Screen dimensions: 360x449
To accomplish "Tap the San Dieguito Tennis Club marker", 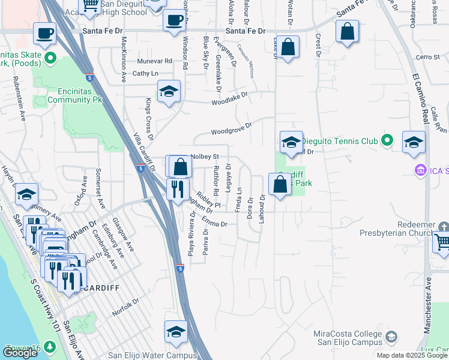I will [x=387, y=141].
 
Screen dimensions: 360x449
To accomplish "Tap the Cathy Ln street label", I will [x=145, y=74].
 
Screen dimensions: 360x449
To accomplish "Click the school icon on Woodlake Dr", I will [x=169, y=92].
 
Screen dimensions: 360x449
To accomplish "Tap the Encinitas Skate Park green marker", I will [x=50, y=59].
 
